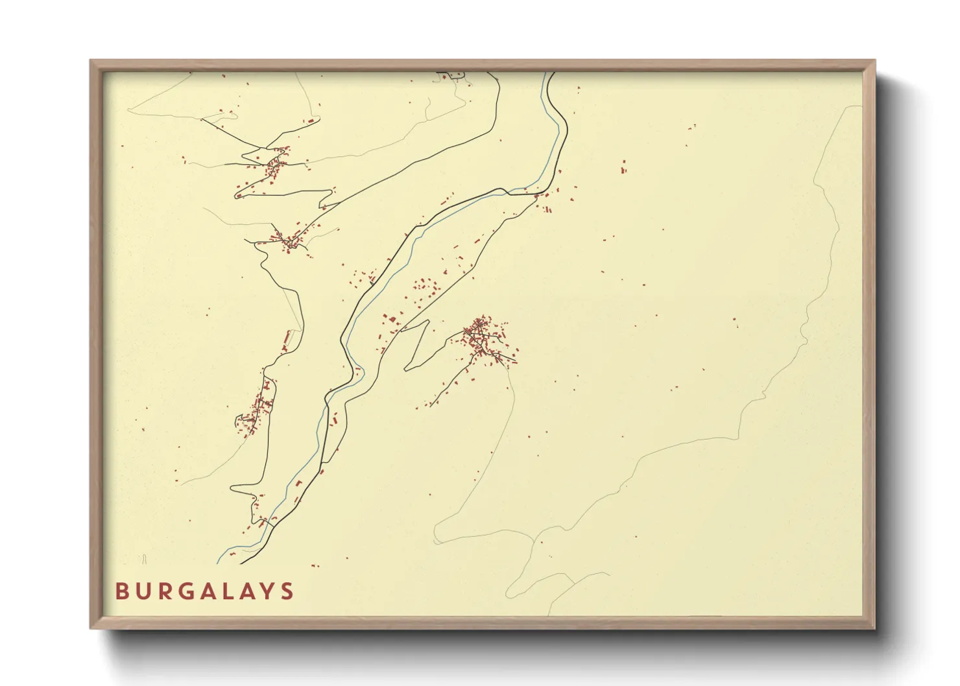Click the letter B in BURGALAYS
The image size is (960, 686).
click(x=121, y=591)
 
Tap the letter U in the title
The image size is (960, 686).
click(x=145, y=591)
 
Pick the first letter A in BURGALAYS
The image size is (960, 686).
click(x=217, y=591)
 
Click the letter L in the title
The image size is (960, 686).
click(x=239, y=591)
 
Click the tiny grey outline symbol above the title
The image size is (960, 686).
click(x=145, y=558)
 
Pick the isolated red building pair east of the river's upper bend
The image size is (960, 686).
click(x=624, y=167)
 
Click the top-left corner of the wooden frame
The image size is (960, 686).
click(x=91, y=61)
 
